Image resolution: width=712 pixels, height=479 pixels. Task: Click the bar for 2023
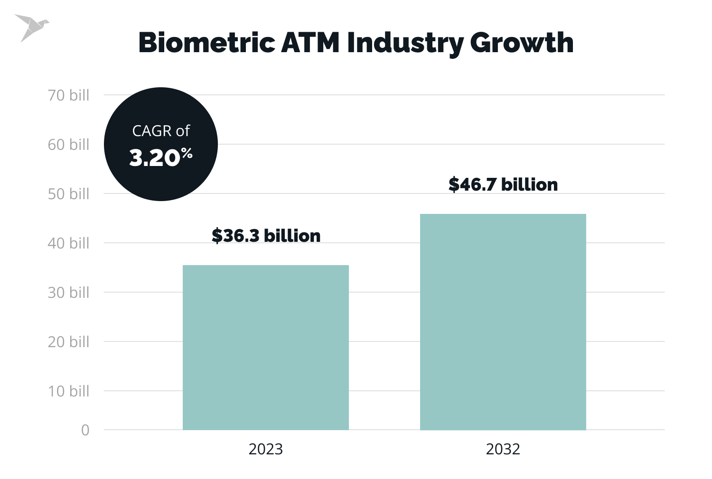click(265, 348)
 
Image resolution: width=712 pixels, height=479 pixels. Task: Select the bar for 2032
click(503, 322)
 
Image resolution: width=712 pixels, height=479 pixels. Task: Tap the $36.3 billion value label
click(266, 236)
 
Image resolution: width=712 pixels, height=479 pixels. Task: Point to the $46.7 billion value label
click(503, 184)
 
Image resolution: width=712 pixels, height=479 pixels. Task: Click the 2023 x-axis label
click(265, 449)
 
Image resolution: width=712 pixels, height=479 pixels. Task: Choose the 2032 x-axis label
click(503, 449)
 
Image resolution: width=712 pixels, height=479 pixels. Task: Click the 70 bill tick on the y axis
click(68, 95)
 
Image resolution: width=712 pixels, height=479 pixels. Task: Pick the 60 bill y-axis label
click(68, 145)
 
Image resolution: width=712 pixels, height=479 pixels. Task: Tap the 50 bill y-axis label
click(68, 194)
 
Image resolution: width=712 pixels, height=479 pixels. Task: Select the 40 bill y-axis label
click(68, 243)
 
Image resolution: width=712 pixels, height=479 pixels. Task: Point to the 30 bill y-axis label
click(68, 293)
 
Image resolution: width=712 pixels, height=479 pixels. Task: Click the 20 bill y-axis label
click(68, 342)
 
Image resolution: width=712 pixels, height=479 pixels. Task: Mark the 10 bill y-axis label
click(68, 391)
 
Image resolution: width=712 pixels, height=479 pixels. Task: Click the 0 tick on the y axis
click(85, 430)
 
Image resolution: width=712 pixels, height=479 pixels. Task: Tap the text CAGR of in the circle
click(160, 131)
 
